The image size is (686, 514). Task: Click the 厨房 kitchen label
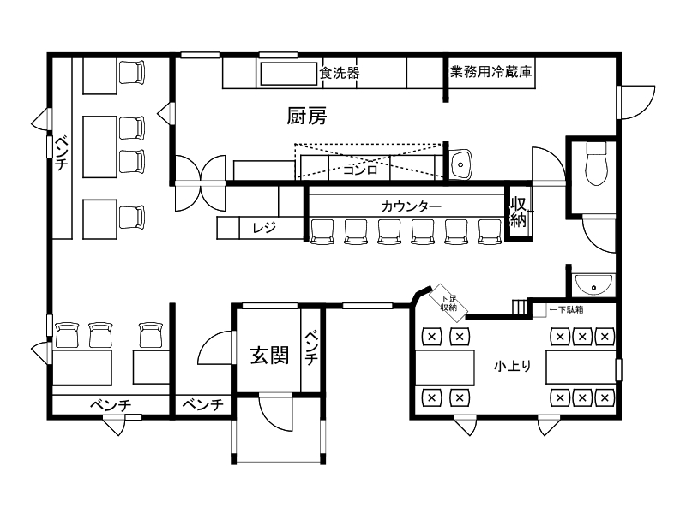pyautogui.click(x=306, y=117)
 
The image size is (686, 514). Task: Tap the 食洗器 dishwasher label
pyautogui.click(x=340, y=73)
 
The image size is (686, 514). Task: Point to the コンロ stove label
pyautogui.click(x=360, y=169)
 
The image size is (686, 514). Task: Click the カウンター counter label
pyautogui.click(x=412, y=206)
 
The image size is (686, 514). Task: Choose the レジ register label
pyautogui.click(x=262, y=228)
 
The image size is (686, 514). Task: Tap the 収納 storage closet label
pyautogui.click(x=519, y=212)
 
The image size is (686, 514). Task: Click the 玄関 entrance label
pyautogui.click(x=268, y=355)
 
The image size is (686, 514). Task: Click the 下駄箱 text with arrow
pyautogui.click(x=566, y=308)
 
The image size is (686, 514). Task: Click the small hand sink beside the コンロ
pyautogui.click(x=460, y=163)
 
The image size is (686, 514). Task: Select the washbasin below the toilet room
pyautogui.click(x=593, y=283)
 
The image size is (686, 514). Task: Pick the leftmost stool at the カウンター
pyautogui.click(x=322, y=230)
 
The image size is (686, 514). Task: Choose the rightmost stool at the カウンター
pyautogui.click(x=489, y=230)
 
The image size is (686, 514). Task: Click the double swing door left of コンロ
pyautogui.click(x=200, y=183)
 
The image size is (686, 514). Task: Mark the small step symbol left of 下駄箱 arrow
pyautogui.click(x=517, y=306)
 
